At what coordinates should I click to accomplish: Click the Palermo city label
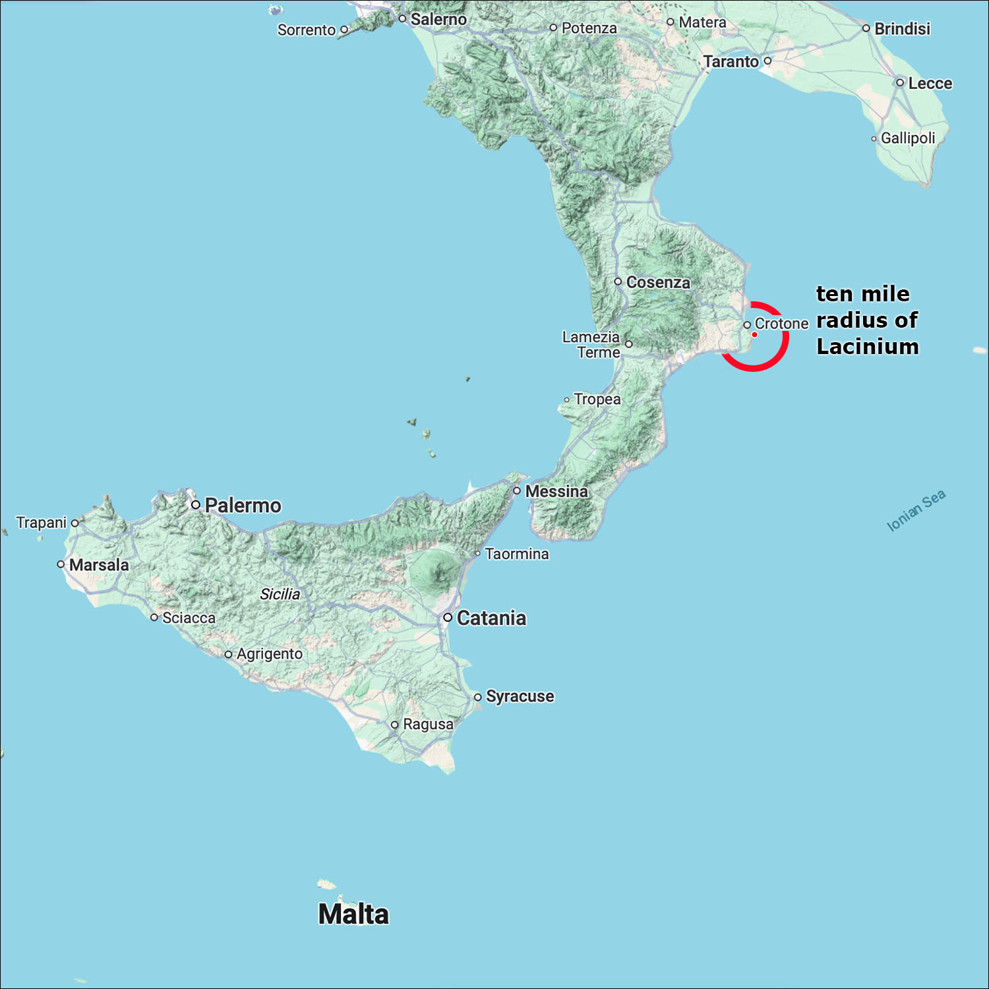[x=243, y=506]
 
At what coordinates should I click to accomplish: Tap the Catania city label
[x=491, y=618]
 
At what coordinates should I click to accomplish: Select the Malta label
[x=353, y=914]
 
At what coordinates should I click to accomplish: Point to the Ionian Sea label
[x=916, y=510]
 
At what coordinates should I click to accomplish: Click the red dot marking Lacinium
[x=754, y=335]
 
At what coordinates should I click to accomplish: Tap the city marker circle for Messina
[x=517, y=491]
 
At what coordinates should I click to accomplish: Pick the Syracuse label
[x=520, y=696]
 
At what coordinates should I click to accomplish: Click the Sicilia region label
[x=280, y=594]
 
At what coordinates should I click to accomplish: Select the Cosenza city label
[x=658, y=282]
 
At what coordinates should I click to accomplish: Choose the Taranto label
[x=731, y=62]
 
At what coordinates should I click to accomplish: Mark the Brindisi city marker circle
[x=866, y=28]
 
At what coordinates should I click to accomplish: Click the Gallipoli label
[x=908, y=138]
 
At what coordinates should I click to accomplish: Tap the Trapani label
[x=42, y=523]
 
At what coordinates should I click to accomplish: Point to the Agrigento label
[x=269, y=654]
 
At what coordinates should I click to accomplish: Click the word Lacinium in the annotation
[x=868, y=347]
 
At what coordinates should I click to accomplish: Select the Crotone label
[x=781, y=324]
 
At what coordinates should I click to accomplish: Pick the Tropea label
[x=597, y=400]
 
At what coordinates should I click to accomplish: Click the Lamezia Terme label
[x=591, y=345]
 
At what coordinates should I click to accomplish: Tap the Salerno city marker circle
[x=402, y=18]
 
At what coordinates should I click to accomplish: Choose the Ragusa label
[x=428, y=724]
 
